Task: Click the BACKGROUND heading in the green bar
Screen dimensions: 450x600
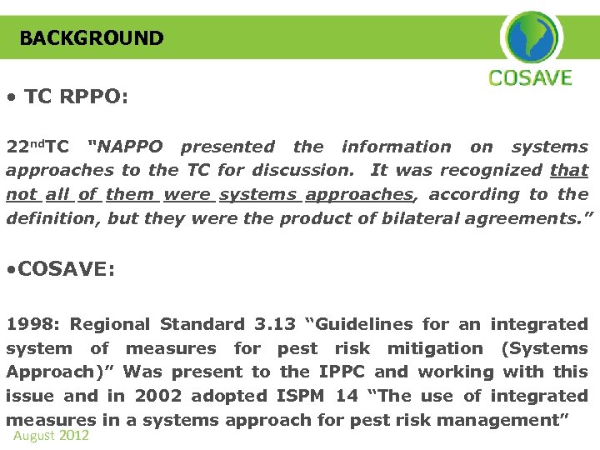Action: point(92,38)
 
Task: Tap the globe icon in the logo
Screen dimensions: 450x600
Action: point(531,37)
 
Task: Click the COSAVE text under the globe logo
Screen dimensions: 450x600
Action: point(531,79)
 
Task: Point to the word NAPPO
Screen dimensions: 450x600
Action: point(127,147)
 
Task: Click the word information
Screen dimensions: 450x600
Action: point(396,147)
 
